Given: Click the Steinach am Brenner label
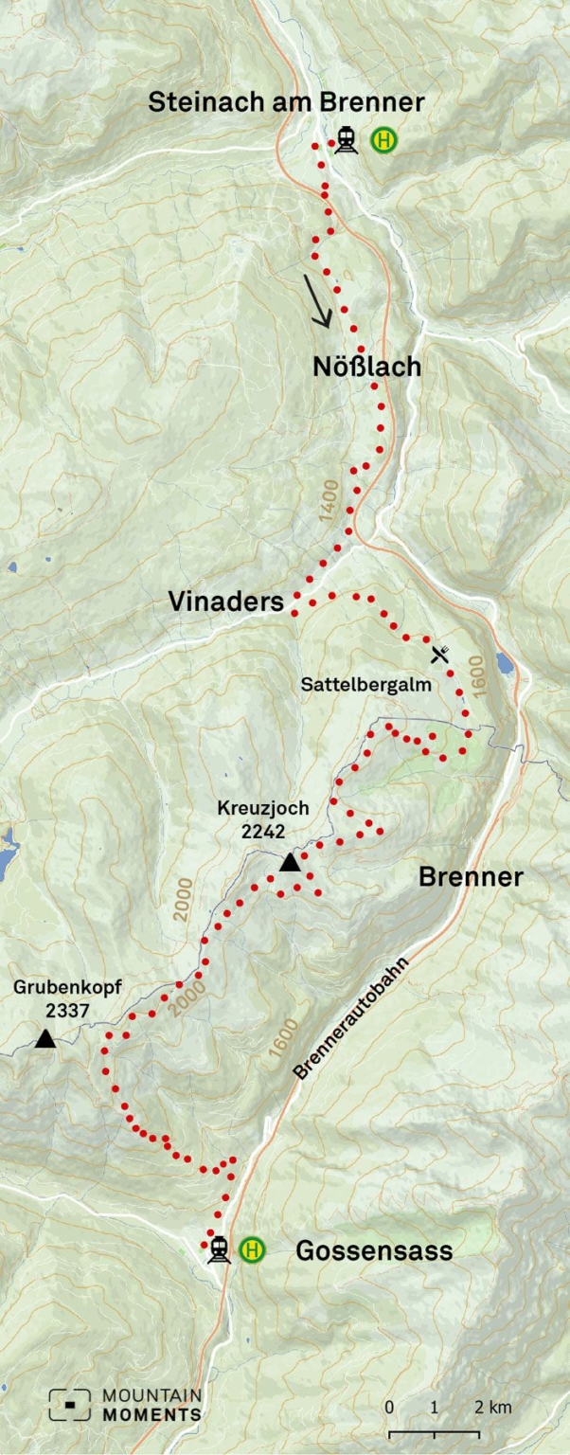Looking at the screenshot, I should [x=286, y=103].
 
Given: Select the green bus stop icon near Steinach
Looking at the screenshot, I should [x=383, y=141].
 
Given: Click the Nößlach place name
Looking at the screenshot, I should [x=366, y=368].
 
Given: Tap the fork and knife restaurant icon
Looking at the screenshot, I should [x=439, y=653].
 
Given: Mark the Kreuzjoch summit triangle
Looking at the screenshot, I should [x=290, y=862].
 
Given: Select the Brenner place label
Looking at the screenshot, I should [x=471, y=877].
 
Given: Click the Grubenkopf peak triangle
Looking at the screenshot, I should [x=45, y=1039].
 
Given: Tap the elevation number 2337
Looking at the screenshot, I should [x=66, y=1010].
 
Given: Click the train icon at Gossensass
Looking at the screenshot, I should [x=220, y=1250].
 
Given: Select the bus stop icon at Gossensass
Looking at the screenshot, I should [x=252, y=1250].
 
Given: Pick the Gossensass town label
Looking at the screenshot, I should [x=374, y=1251].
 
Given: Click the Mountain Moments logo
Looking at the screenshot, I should [x=127, y=1405].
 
